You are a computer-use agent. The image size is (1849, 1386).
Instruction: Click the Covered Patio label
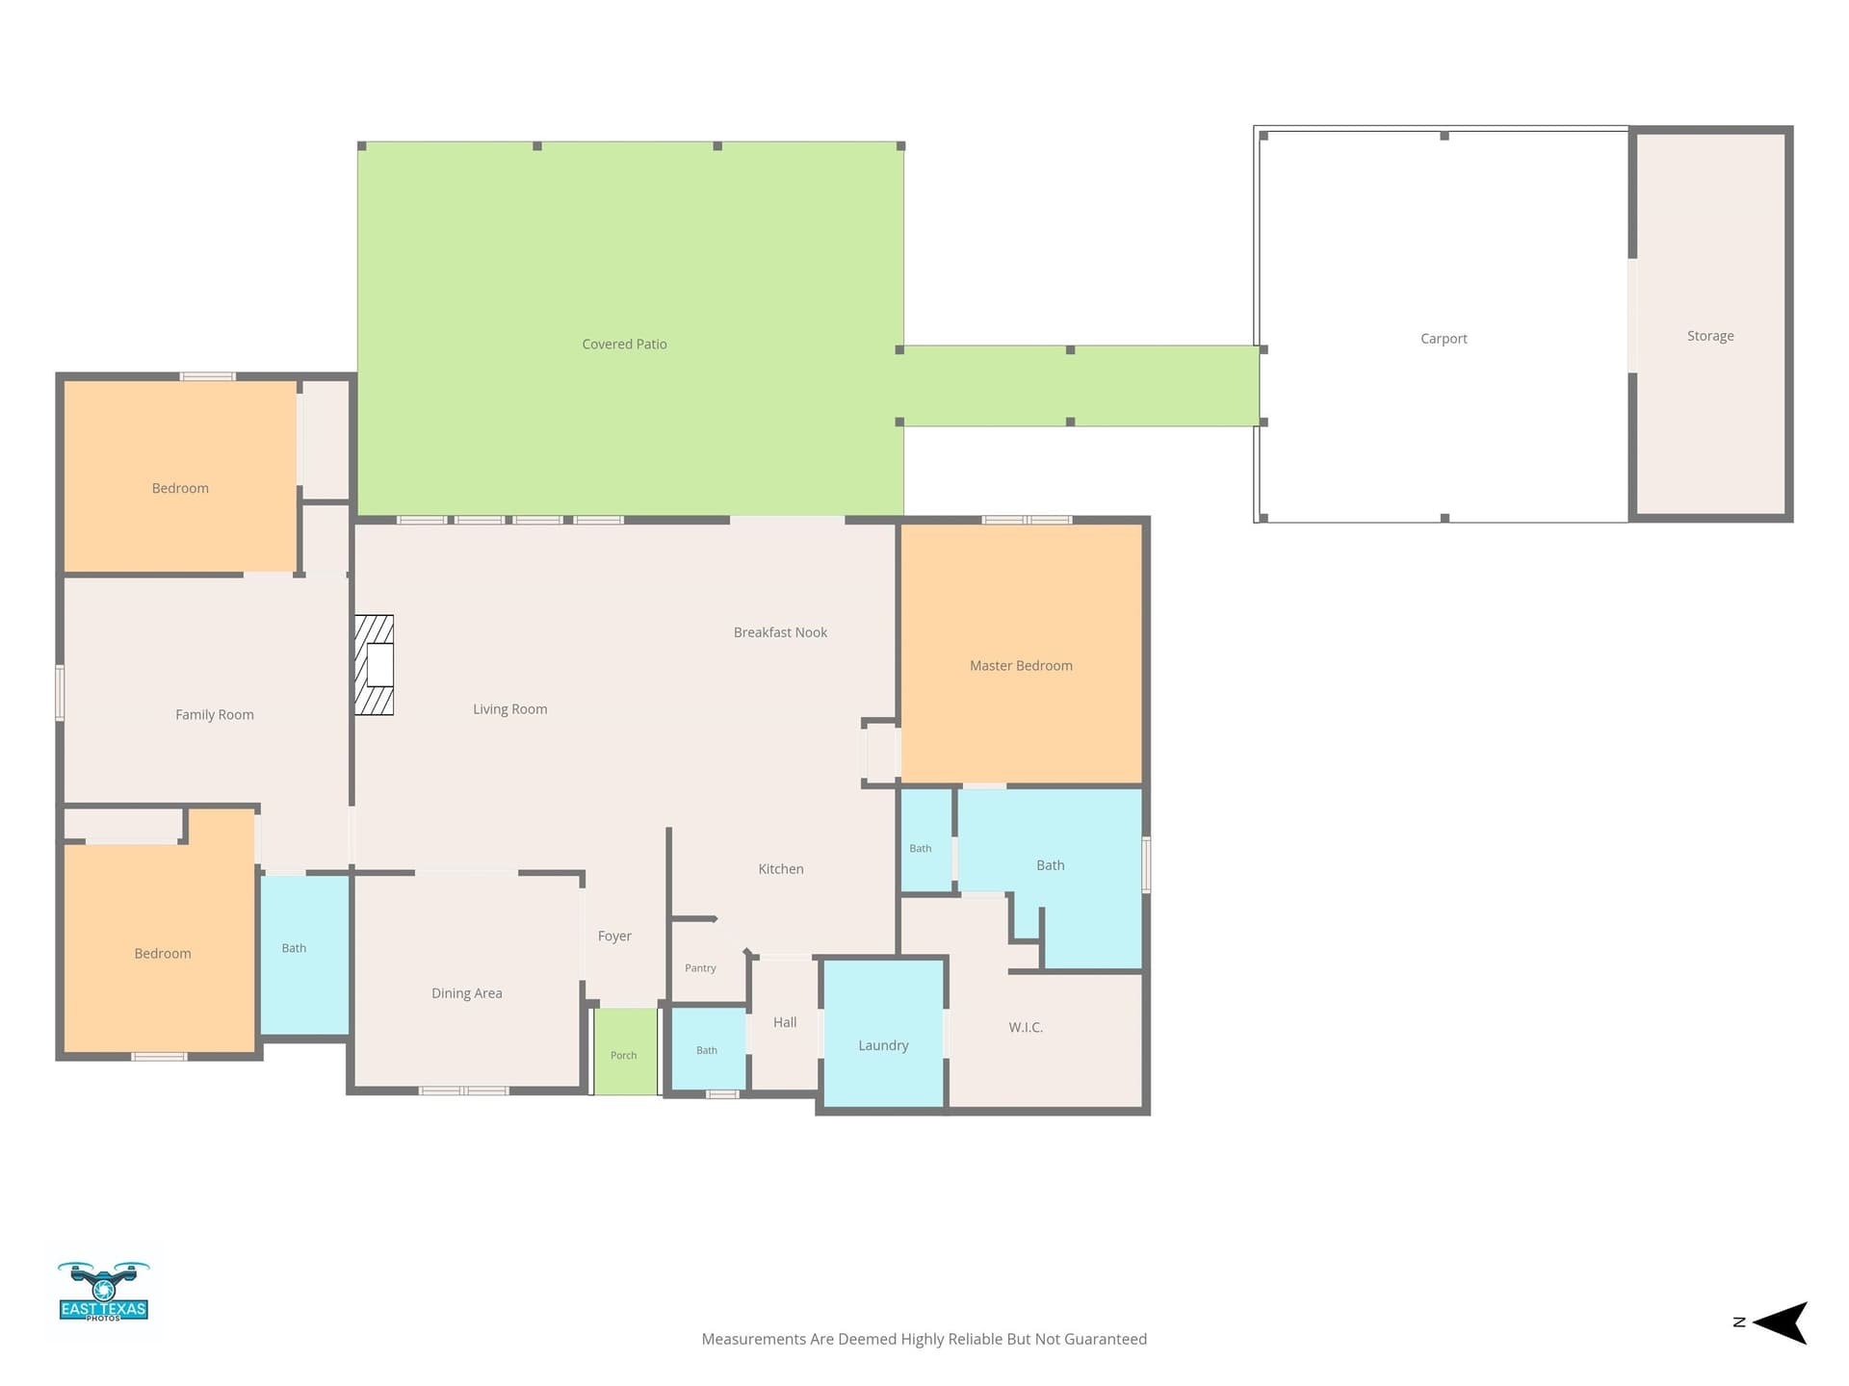click(624, 345)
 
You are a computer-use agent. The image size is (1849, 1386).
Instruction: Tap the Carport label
click(1444, 339)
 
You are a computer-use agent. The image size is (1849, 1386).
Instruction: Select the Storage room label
click(1710, 336)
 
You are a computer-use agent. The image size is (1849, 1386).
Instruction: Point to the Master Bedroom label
click(1021, 666)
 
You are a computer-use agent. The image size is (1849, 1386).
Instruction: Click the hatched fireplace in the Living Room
click(375, 665)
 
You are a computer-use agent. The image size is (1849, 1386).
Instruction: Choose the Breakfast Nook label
click(780, 632)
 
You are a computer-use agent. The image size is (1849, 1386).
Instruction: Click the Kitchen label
click(781, 869)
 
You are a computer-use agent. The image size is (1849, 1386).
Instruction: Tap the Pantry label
click(700, 968)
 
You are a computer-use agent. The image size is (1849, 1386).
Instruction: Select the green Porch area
click(625, 1051)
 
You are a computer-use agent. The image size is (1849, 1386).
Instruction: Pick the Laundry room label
click(883, 1046)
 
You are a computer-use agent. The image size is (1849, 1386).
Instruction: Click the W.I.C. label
click(1026, 1028)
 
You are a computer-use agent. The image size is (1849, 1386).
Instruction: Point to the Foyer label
click(614, 937)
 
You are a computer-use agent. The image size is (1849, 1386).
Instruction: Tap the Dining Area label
click(467, 993)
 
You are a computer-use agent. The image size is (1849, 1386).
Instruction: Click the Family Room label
click(215, 715)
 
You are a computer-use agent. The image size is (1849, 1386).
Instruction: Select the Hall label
click(785, 1022)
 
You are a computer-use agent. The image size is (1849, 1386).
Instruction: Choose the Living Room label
click(509, 709)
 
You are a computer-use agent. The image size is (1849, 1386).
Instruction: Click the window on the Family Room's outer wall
click(60, 692)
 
